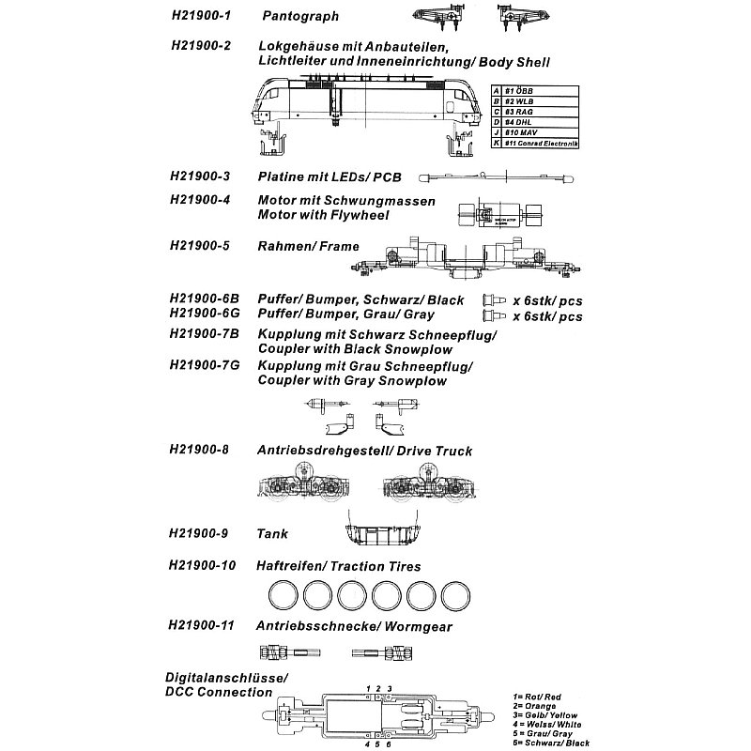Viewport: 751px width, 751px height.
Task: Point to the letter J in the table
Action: (496, 132)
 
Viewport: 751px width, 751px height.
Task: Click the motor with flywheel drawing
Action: (501, 216)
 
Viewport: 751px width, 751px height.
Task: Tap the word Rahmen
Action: (284, 246)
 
